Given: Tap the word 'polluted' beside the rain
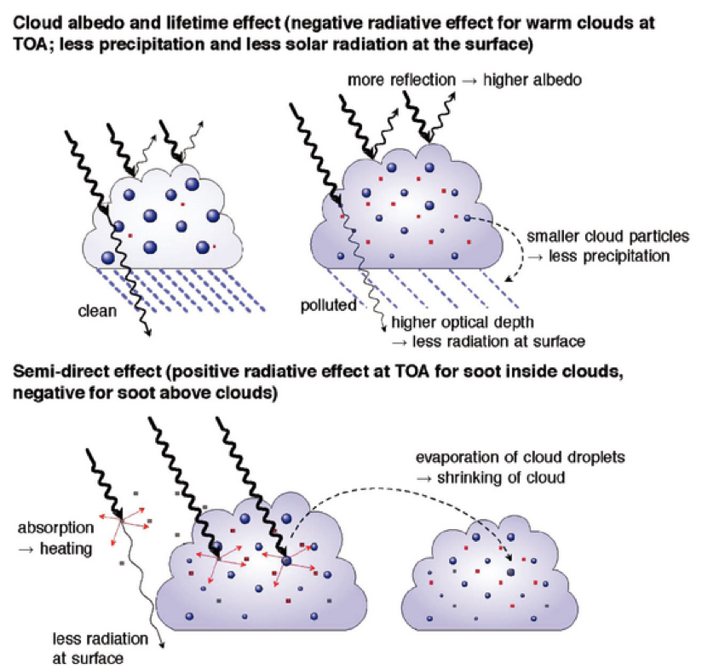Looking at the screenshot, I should (328, 304).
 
